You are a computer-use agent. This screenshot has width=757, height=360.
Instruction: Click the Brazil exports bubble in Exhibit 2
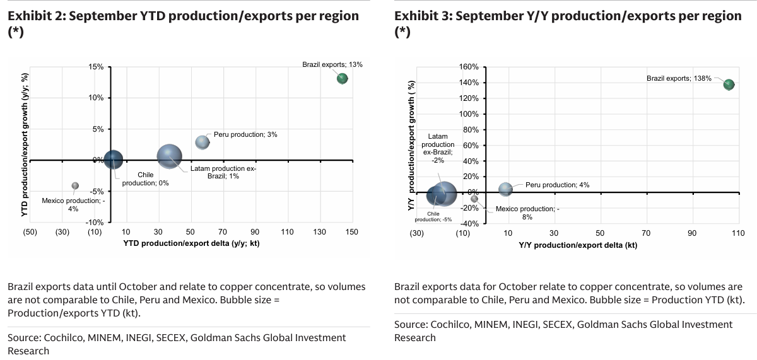pyautogui.click(x=342, y=79)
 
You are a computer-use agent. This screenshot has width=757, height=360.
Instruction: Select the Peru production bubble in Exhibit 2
pyautogui.click(x=202, y=142)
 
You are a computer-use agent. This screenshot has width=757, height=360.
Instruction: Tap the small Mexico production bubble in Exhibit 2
pyautogui.click(x=75, y=185)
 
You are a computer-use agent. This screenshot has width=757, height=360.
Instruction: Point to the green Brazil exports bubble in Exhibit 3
pyautogui.click(x=729, y=84)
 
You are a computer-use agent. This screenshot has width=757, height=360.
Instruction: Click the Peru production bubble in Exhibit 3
pyautogui.click(x=505, y=189)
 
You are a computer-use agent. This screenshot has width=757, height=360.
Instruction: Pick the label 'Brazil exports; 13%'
pyautogui.click(x=332, y=64)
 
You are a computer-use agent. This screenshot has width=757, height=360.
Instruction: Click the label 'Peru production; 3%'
pyautogui.click(x=245, y=134)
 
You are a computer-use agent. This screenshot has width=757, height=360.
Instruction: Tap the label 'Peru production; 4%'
pyautogui.click(x=557, y=185)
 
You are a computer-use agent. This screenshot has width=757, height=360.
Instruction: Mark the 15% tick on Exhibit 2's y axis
pyautogui.click(x=95, y=67)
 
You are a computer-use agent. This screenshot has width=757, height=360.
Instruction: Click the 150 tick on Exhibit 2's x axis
pyautogui.click(x=352, y=232)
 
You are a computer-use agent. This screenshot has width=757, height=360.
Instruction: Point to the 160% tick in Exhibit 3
pyautogui.click(x=469, y=67)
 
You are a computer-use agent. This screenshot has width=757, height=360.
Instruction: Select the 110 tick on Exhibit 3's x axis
pyautogui.click(x=737, y=234)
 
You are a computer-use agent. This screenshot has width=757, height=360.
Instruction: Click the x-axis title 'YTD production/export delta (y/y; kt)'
pyautogui.click(x=191, y=243)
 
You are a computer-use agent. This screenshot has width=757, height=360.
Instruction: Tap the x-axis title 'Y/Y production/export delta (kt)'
pyautogui.click(x=578, y=245)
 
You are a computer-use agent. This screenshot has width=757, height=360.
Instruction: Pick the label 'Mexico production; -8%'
pyautogui.click(x=527, y=212)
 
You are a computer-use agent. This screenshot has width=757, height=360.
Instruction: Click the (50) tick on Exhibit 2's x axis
pyautogui.click(x=30, y=232)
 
